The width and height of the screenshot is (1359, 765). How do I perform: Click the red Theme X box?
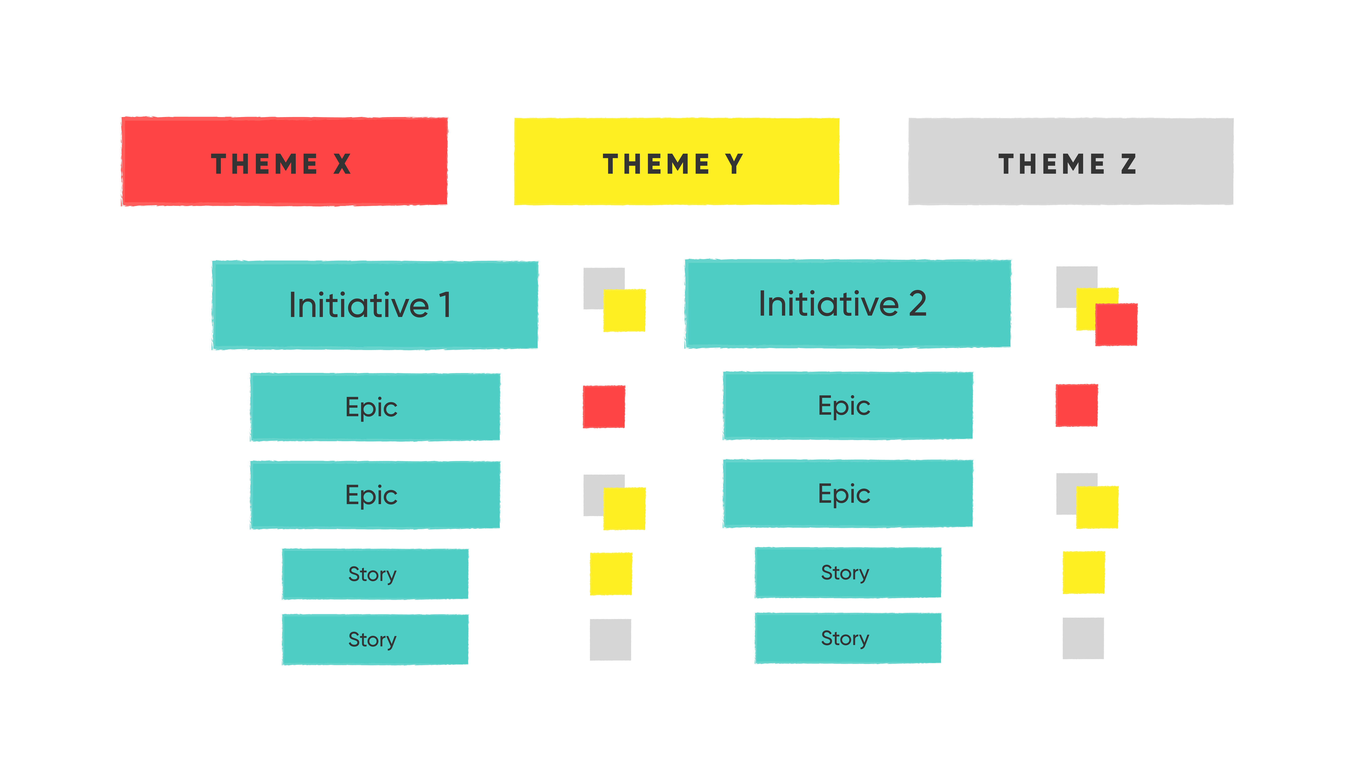[284, 162]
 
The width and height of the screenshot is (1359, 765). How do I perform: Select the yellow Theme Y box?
[676, 162]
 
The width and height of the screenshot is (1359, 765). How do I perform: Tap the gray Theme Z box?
[1070, 162]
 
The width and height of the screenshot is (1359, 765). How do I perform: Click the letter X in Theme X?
[342, 164]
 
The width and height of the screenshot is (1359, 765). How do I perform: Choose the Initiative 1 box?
[375, 305]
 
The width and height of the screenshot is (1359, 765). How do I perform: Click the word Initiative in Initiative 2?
[828, 304]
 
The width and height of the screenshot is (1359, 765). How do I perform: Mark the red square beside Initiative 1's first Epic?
[604, 407]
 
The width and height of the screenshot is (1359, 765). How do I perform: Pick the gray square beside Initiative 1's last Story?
[610, 639]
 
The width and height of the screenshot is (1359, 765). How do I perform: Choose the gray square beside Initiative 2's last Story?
[1083, 638]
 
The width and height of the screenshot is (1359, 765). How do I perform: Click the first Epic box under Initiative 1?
[375, 407]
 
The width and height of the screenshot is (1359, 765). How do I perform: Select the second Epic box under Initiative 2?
[848, 494]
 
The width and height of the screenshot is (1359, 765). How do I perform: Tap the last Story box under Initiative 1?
[375, 639]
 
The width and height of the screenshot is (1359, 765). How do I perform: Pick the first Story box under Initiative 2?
[848, 573]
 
